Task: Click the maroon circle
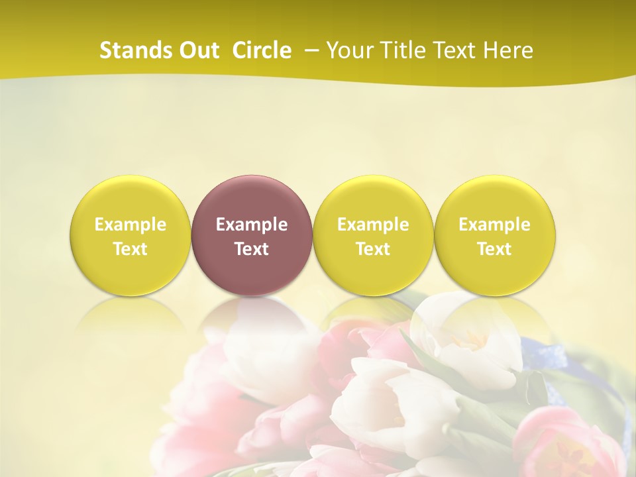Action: coord(252,235)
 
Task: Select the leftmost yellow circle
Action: coord(131,235)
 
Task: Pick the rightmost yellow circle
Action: coord(495,235)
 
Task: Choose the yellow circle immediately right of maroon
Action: coord(373,235)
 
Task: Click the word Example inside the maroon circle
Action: coord(252,225)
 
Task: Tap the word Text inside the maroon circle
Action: coord(252,249)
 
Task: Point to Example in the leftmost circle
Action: coord(131,225)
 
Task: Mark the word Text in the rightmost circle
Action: coord(495,249)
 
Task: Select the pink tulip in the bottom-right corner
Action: coord(563,441)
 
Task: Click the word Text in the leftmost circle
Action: coord(131,249)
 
